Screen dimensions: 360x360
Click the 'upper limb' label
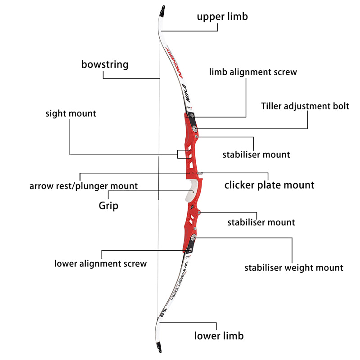coord(222,17)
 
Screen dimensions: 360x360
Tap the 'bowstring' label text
coord(104,64)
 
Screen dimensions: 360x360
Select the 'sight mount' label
coord(71,113)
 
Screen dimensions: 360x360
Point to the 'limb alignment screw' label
coord(253,72)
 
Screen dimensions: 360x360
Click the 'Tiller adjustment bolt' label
coord(305,107)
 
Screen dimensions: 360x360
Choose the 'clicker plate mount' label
coord(269,185)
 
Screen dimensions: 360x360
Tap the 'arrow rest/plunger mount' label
coord(84,186)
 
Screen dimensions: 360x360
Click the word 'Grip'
coord(108,206)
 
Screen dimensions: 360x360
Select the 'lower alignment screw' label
coord(100,264)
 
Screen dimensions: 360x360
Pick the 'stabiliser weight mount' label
coord(294,268)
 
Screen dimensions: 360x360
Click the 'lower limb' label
coord(219,336)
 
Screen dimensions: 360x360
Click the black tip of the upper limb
coord(162,9)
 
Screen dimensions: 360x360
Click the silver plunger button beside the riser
coord(199,172)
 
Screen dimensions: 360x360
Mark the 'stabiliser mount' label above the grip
coord(256,155)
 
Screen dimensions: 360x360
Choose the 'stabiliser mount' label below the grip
coord(261,222)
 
